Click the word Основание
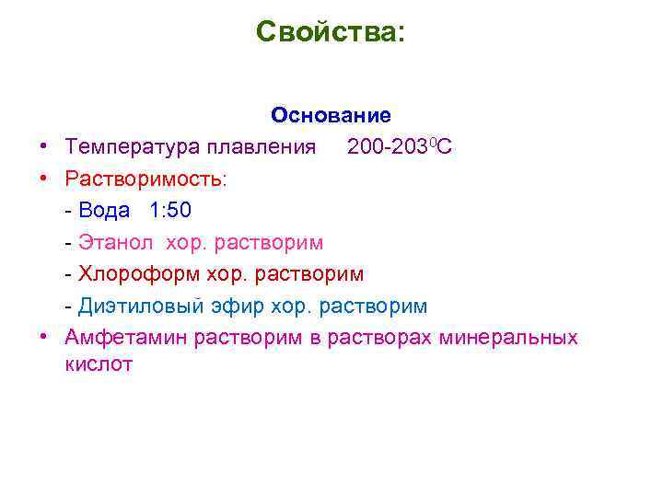coord(331,116)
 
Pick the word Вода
coord(104,211)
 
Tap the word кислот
coord(99,364)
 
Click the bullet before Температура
coord(43,148)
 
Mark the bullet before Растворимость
coord(43,179)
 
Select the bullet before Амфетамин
coord(43,338)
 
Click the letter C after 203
coord(445,147)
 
